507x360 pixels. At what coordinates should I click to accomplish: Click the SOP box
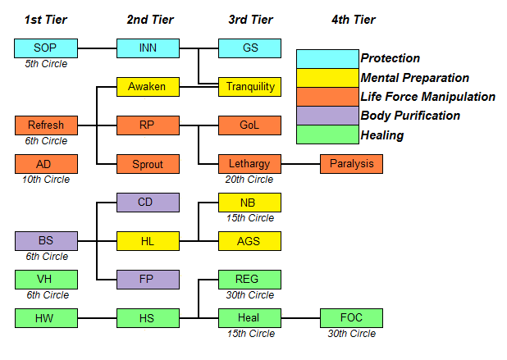(x=46, y=48)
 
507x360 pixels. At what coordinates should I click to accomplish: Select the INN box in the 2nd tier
(x=148, y=48)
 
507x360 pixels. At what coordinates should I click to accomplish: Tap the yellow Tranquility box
(x=249, y=86)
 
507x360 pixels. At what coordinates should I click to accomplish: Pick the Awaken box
(x=148, y=86)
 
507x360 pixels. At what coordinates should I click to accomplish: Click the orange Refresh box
(x=46, y=125)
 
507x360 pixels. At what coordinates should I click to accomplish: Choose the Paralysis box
(x=351, y=164)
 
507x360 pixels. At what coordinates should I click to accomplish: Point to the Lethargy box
(x=249, y=164)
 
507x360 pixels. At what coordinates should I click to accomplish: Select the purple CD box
(x=148, y=203)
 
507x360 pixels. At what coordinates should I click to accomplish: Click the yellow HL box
(x=148, y=241)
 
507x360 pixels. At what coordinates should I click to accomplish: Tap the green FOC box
(x=351, y=318)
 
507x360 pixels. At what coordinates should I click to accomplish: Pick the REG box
(x=249, y=280)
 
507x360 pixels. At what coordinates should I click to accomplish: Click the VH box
(x=46, y=280)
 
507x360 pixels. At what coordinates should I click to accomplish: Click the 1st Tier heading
(x=46, y=18)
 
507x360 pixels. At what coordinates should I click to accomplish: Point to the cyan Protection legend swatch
(x=327, y=58)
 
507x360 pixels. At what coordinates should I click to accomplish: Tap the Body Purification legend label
(x=409, y=116)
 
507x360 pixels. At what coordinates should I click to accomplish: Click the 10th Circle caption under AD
(x=46, y=179)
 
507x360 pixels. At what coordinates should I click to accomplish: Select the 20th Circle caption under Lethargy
(x=249, y=179)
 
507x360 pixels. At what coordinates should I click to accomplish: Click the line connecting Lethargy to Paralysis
(x=300, y=164)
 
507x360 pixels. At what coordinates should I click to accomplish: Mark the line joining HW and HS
(x=97, y=318)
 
